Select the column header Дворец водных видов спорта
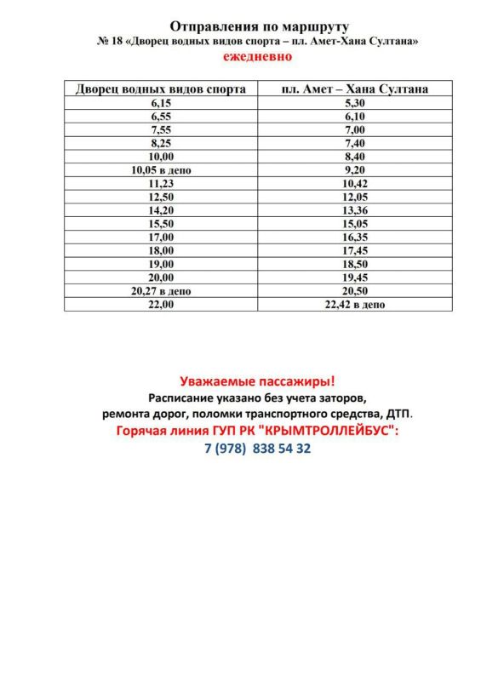pos(161,89)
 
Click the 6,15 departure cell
pos(161,102)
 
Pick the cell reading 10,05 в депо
pos(161,170)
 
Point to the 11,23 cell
pos(161,183)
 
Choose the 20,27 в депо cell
pos(161,291)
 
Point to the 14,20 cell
pos(161,210)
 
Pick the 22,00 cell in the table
pos(161,305)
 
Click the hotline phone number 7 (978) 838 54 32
pos(258,448)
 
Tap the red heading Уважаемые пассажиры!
pos(257,381)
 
